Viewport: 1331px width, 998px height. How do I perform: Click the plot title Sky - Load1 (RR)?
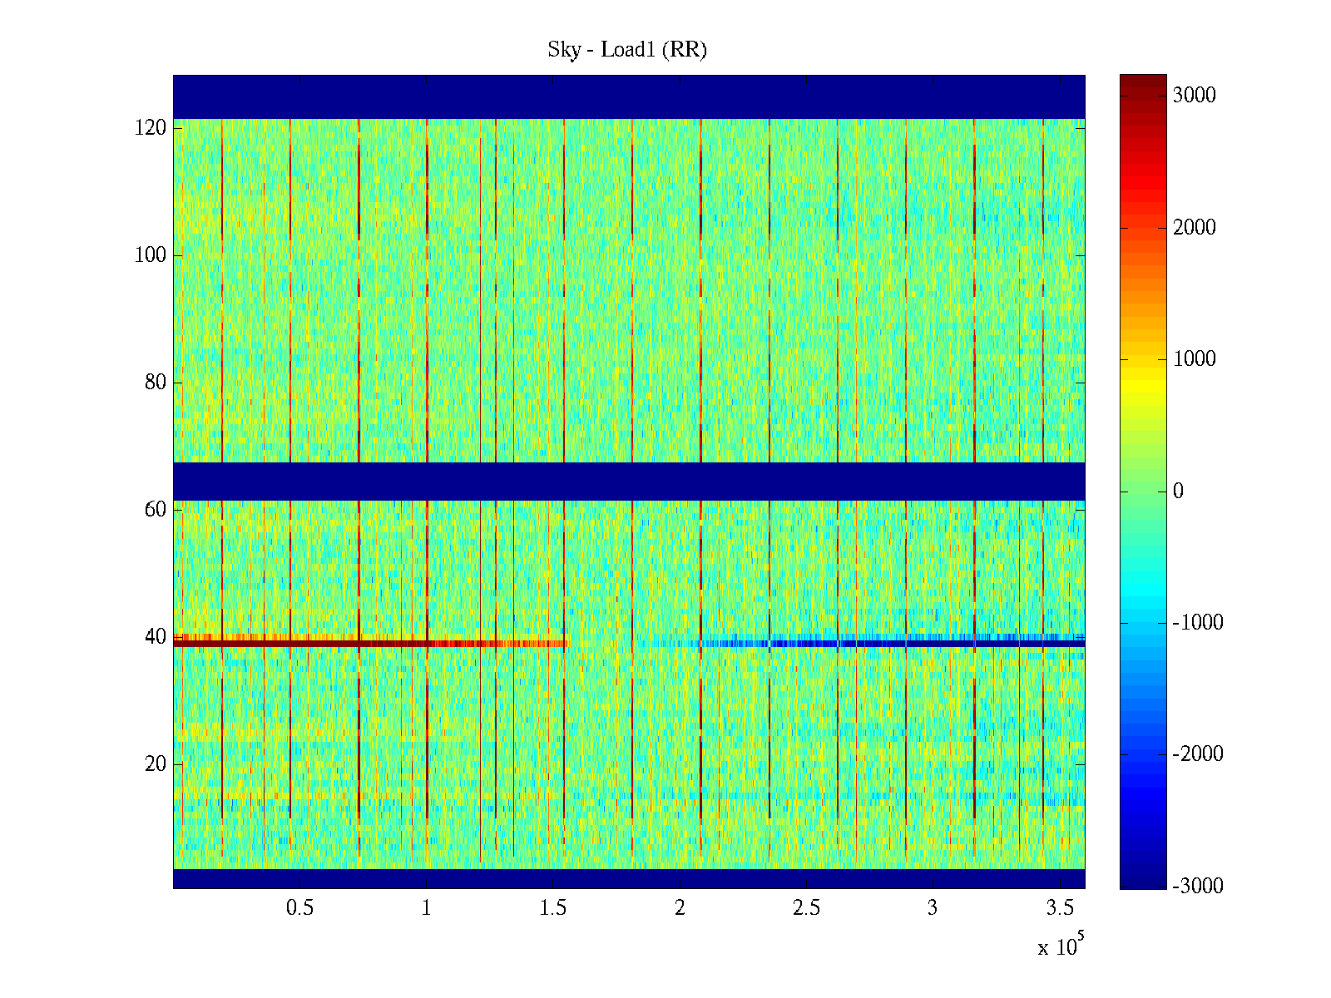click(627, 50)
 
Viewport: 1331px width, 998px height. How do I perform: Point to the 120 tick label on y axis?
click(151, 128)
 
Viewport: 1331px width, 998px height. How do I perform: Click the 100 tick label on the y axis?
click(151, 255)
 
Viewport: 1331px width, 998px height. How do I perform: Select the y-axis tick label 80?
click(156, 383)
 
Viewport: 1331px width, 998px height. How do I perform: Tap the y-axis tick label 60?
click(156, 510)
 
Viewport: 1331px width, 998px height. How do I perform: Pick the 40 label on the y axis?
click(156, 637)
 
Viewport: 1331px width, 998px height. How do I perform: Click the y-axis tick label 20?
click(156, 764)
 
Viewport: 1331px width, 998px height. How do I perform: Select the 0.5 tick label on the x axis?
click(299, 908)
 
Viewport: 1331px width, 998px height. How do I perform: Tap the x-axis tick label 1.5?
click(553, 908)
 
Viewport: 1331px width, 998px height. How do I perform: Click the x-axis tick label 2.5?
click(806, 908)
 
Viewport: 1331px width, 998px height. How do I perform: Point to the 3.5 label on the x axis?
click(1059, 908)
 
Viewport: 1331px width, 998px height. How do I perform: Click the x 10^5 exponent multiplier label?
click(1061, 946)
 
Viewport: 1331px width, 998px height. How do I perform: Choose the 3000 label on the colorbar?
click(1195, 96)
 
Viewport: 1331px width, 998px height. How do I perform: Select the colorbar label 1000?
click(1195, 359)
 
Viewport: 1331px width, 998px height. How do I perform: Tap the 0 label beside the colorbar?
click(1178, 492)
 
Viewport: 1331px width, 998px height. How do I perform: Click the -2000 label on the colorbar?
click(1198, 754)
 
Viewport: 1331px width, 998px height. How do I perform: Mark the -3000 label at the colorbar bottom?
click(1198, 886)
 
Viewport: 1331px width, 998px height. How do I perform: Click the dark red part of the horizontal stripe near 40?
click(266, 643)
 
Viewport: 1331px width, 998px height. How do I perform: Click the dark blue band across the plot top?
click(629, 96)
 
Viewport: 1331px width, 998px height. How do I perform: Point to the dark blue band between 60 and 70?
click(629, 482)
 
